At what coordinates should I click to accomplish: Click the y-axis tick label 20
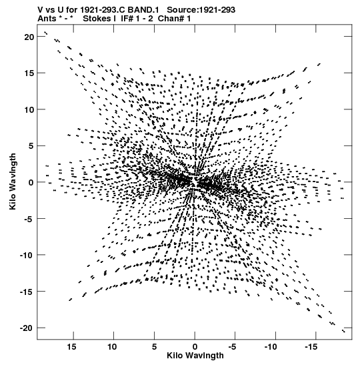click(x=29, y=37)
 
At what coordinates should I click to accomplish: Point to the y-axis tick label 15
click(x=29, y=73)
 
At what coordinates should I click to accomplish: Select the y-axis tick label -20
click(x=27, y=328)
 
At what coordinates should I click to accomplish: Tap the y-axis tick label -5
click(x=29, y=219)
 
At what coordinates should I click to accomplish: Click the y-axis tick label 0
click(x=31, y=182)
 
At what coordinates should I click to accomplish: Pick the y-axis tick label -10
click(x=27, y=255)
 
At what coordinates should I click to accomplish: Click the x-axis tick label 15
click(x=71, y=347)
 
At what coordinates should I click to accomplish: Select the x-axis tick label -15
click(x=311, y=347)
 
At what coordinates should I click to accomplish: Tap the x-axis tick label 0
click(x=195, y=347)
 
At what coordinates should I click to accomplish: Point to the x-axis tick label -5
click(x=233, y=347)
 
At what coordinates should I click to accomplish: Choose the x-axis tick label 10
click(x=112, y=347)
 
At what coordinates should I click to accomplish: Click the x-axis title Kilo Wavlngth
click(x=195, y=356)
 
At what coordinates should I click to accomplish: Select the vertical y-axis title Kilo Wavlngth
click(x=13, y=181)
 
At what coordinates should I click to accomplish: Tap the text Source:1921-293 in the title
click(x=201, y=10)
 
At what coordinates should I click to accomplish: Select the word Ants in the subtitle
click(x=47, y=19)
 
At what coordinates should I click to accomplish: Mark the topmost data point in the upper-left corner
click(x=45, y=33)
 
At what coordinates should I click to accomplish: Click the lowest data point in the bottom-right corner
click(x=343, y=331)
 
